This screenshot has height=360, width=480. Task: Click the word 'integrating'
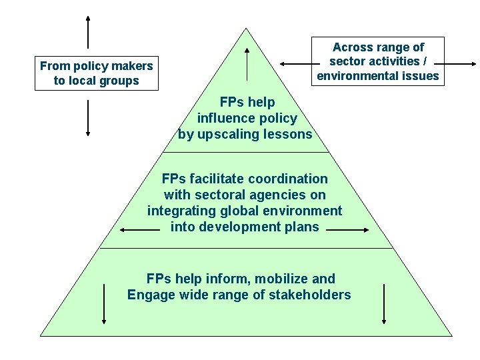click(x=179, y=211)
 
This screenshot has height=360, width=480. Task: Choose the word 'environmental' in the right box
click(x=354, y=75)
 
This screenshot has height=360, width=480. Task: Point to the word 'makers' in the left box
click(x=132, y=65)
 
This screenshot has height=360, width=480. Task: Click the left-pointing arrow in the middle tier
click(x=139, y=230)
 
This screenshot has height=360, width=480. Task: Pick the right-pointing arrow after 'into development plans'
click(x=348, y=230)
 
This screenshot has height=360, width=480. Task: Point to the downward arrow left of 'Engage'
click(x=105, y=304)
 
